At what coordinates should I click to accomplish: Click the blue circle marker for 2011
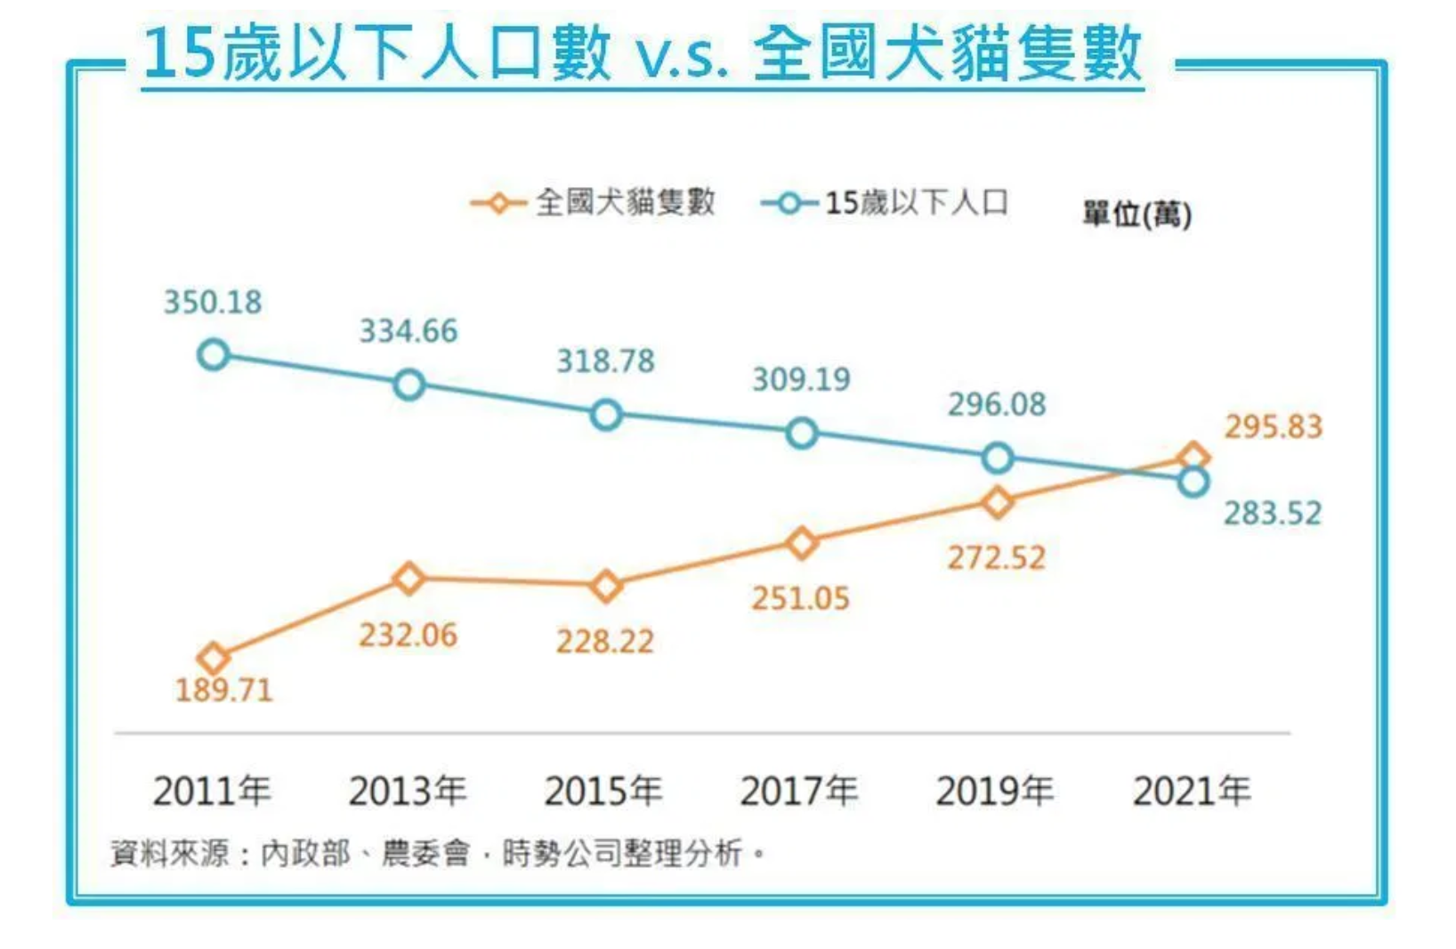pos(214,355)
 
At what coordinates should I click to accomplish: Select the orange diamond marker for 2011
pos(214,658)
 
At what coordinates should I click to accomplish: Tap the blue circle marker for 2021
pos(1193,483)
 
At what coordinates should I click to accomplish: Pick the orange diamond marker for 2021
pos(1193,458)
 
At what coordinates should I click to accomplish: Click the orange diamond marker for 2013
pos(408,579)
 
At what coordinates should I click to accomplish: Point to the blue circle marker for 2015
pos(606,415)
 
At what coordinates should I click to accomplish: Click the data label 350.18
pos(213,303)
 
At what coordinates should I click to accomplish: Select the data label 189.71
pos(223,690)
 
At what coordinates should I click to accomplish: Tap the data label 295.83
pos(1274,427)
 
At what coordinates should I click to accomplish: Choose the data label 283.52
pos(1273,514)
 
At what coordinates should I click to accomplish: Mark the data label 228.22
pos(605,642)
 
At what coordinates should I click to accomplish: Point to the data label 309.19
pos(802,379)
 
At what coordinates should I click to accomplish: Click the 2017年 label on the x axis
pos(799,791)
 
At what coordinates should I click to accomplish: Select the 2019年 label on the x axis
pos(995,791)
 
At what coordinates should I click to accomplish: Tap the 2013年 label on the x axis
pos(408,791)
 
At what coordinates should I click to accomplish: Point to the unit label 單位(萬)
pos(1136,214)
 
